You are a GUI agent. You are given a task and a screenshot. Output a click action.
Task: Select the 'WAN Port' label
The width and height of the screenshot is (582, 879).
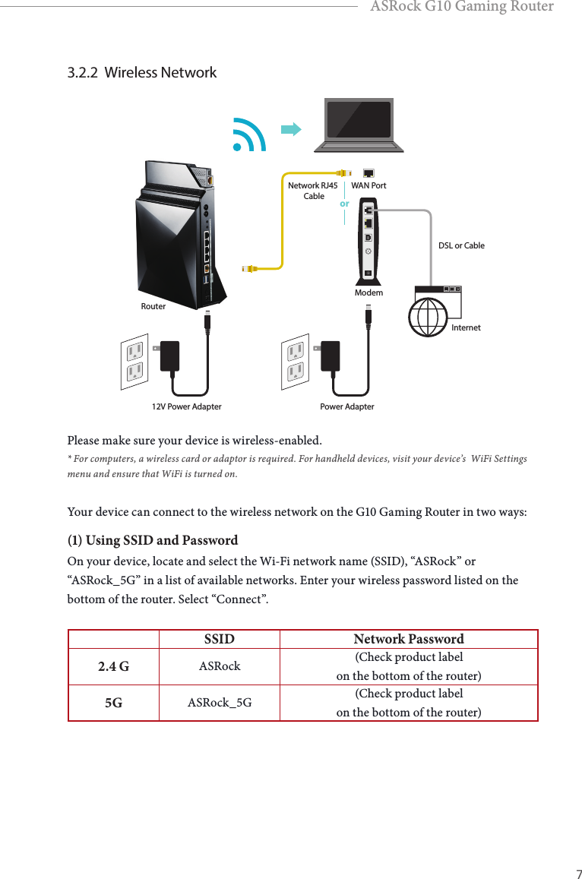368,185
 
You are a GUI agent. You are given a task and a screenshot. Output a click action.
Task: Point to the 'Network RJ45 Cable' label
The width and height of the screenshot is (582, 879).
313,191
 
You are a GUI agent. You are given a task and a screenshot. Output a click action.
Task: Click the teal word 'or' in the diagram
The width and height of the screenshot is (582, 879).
344,204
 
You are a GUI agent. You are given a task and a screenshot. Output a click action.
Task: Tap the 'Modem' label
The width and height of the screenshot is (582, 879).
368,292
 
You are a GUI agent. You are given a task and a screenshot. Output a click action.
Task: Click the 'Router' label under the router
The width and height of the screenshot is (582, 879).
153,307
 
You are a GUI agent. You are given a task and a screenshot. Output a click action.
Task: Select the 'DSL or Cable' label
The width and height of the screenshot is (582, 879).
461,245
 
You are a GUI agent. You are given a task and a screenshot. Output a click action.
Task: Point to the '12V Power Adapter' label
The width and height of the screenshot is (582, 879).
187,406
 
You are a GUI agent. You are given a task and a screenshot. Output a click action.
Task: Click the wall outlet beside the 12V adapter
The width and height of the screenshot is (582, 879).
134,360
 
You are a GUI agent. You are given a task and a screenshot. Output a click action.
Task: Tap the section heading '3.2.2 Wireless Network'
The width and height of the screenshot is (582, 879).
142,73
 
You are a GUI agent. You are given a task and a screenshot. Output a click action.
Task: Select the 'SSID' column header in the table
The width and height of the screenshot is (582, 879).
219,640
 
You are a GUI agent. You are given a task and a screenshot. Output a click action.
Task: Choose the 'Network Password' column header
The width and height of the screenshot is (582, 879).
408,640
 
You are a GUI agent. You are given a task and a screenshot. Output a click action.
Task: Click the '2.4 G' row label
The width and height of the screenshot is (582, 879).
113,667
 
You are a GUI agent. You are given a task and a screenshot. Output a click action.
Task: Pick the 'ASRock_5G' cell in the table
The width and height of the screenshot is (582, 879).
220,703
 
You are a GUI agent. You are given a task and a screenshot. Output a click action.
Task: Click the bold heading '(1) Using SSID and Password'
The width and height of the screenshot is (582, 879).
153,541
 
